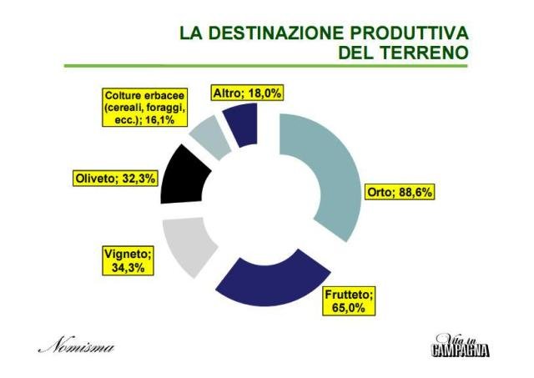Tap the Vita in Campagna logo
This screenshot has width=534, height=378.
click(x=460, y=345)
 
